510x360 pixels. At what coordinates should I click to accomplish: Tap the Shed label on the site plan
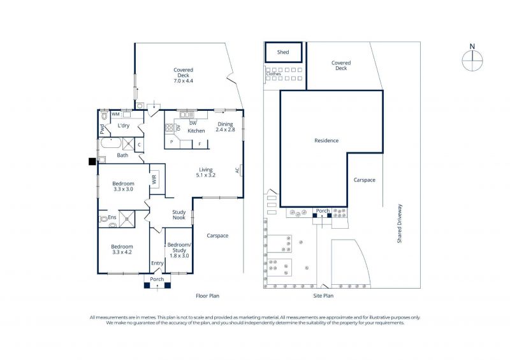coord(283,52)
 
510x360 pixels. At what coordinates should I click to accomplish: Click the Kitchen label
coord(196,131)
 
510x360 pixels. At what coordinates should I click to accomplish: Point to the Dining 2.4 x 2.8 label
coord(225,127)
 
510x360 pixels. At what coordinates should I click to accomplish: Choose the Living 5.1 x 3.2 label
coord(205,173)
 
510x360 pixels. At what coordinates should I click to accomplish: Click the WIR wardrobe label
coord(154,179)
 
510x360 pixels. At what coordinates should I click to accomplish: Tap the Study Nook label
coord(179,215)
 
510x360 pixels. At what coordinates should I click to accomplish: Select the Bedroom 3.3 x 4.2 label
coord(122,249)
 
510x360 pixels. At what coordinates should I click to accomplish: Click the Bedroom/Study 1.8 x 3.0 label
coord(179,250)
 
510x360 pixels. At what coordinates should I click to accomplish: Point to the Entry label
coord(157,263)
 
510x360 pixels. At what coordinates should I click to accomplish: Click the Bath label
coord(122,155)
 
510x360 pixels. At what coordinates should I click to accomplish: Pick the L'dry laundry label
coord(124,125)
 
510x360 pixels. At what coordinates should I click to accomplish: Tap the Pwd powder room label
coord(102,129)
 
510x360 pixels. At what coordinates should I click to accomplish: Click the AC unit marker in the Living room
coord(238,169)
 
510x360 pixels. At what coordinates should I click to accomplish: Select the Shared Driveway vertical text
coord(400,224)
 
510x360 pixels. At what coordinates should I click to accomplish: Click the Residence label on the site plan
coord(326,140)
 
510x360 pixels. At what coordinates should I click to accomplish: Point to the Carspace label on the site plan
coord(364,180)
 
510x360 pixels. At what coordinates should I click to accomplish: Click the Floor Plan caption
coord(208,296)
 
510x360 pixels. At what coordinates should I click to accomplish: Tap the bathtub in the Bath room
coord(111,143)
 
